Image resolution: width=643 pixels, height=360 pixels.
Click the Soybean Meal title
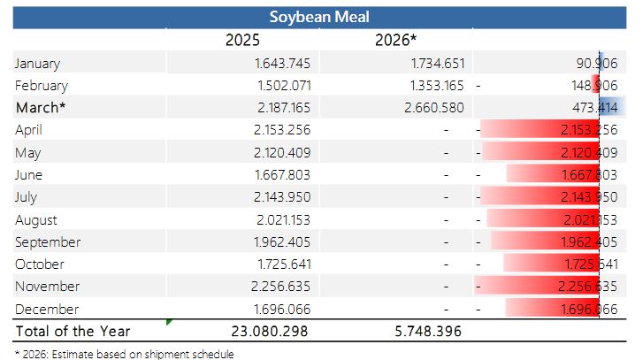click(319, 17)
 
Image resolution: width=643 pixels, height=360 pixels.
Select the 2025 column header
click(241, 40)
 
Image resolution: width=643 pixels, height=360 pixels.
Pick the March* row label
click(41, 107)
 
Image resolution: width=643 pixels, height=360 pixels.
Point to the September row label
click(48, 241)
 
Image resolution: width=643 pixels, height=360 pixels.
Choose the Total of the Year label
click(73, 331)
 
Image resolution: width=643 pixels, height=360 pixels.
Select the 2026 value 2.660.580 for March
click(432, 108)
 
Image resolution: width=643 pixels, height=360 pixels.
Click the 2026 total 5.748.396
click(427, 331)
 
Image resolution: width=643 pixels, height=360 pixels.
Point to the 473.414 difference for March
click(593, 108)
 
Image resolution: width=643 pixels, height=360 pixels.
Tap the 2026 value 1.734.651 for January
click(432, 64)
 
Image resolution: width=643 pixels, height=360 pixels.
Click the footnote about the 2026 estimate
click(125, 354)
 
